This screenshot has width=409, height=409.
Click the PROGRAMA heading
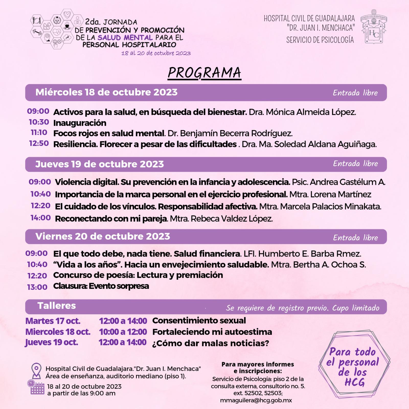pos(204,73)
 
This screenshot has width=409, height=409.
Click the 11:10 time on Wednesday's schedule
pos(39,133)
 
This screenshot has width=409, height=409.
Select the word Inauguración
pos(80,123)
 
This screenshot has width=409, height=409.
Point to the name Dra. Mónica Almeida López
pos(302,112)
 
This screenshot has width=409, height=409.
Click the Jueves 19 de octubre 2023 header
pos(99,164)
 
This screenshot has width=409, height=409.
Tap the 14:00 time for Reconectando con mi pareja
pos(41,218)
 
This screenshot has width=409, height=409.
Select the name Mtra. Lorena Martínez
pos(330,195)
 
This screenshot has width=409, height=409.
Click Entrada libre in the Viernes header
pos(355,238)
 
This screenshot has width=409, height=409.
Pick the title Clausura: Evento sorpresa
pos(101,286)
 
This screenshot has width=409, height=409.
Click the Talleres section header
pos(57,306)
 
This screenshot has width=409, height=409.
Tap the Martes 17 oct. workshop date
pos(53,321)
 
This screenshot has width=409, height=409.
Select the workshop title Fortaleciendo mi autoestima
pos(212,332)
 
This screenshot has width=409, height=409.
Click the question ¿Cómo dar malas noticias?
pos(211,343)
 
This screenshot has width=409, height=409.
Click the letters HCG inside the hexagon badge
pos(355,382)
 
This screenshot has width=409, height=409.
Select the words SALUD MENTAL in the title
pos(125,38)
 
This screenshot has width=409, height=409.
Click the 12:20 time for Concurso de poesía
pos(37,276)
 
